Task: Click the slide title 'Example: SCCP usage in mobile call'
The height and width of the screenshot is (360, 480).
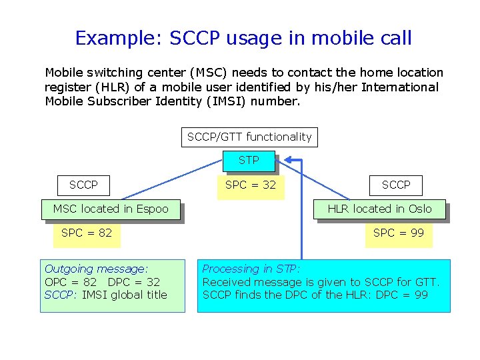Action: tap(243, 38)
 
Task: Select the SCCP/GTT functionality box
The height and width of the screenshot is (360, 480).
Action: tap(249, 137)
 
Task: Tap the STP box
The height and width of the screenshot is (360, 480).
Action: tap(249, 161)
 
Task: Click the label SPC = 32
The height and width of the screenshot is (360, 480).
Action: tap(250, 185)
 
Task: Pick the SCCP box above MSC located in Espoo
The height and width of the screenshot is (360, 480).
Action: tap(83, 185)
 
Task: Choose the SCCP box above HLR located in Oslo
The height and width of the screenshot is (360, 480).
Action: tap(396, 185)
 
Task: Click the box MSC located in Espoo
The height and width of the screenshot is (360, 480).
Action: tap(111, 209)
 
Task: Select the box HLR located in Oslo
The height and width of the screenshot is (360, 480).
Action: tap(379, 209)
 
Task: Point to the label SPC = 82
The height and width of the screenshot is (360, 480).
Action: tap(86, 233)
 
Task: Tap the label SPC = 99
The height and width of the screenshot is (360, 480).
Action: tap(399, 233)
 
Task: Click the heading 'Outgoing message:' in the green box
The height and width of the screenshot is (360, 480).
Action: tap(96, 269)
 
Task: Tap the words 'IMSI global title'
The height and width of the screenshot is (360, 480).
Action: tap(125, 295)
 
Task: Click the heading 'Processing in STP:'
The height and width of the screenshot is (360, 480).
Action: tap(251, 269)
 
